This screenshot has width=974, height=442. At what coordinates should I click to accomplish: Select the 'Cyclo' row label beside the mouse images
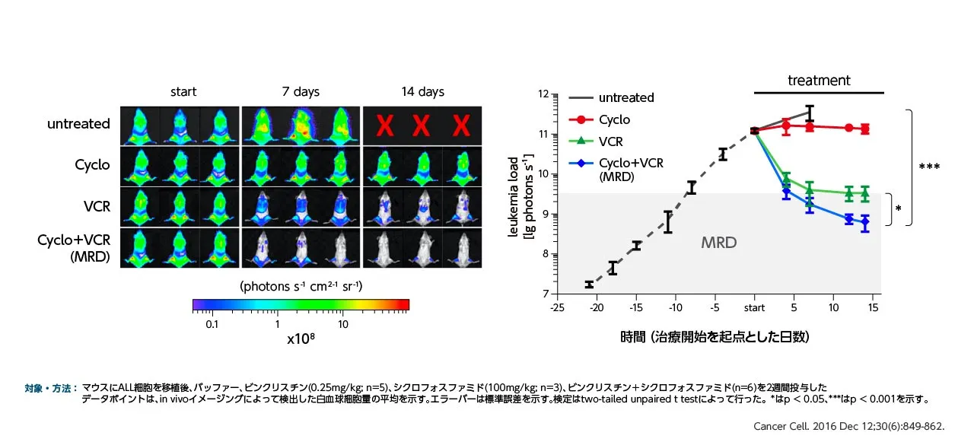[x=92, y=165]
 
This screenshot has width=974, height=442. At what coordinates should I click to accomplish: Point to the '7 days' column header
[x=301, y=92]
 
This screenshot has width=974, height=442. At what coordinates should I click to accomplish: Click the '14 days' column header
[x=422, y=92]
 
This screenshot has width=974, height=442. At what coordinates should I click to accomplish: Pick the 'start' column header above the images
[x=183, y=92]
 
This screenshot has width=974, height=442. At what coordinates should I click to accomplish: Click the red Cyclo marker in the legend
[x=582, y=119]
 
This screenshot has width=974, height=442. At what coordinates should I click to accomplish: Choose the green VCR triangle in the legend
[x=582, y=141]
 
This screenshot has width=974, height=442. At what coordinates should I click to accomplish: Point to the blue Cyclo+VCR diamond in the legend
[x=582, y=163]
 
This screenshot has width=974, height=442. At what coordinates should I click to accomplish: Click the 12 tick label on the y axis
[x=543, y=94]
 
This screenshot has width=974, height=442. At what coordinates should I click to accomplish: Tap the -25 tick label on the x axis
[x=557, y=308]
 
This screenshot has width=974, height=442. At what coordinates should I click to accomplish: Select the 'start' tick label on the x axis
[x=754, y=308]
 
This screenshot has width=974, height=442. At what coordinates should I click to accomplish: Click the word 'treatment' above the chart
[x=819, y=81]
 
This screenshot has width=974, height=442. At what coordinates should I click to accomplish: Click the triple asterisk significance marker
[x=928, y=167]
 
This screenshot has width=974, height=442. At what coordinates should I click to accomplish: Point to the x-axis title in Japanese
[x=715, y=336]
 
